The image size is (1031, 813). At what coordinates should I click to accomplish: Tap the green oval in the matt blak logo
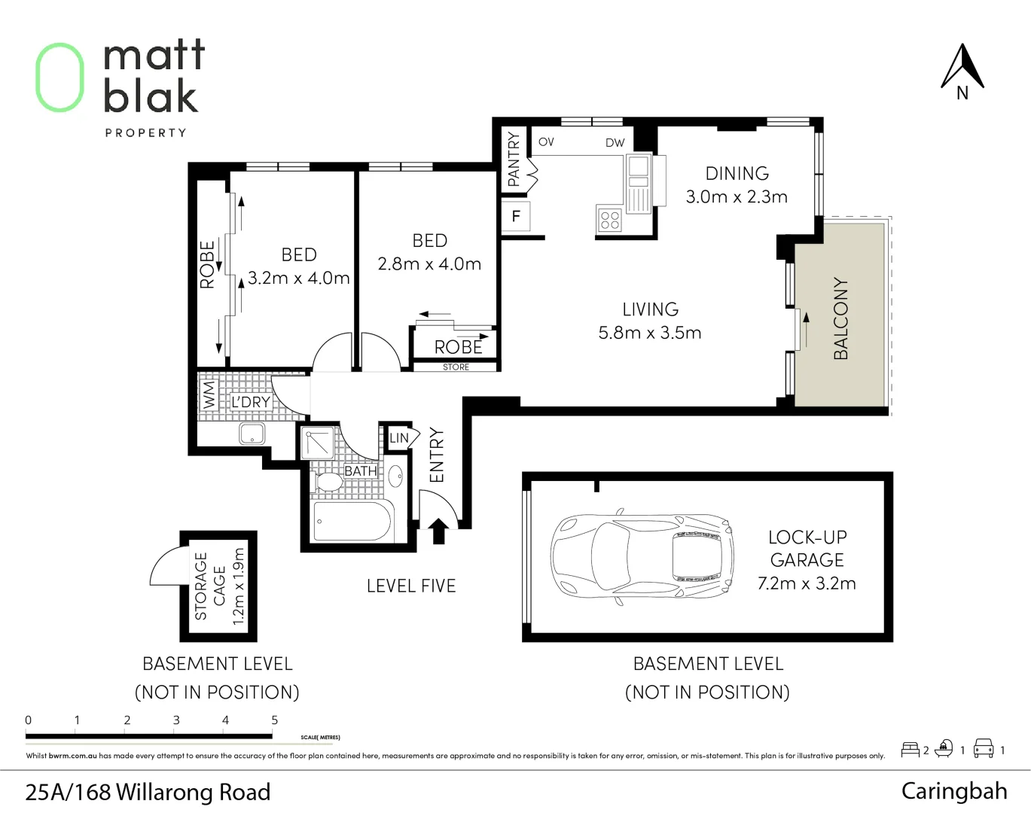(59, 78)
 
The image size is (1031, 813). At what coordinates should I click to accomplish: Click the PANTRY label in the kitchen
(514, 159)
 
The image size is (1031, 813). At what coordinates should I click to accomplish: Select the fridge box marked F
(516, 217)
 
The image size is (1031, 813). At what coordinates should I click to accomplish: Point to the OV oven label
(546, 142)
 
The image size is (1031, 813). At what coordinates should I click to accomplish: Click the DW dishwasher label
(615, 142)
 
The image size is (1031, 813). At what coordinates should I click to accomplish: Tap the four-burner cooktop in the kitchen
(609, 220)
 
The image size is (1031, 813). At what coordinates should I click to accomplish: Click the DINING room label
(737, 174)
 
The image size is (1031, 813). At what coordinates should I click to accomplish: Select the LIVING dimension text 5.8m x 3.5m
(649, 333)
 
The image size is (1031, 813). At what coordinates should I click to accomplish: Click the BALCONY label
(840, 318)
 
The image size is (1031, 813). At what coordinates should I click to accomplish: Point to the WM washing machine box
(209, 394)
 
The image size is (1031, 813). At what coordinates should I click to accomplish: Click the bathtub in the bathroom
(352, 521)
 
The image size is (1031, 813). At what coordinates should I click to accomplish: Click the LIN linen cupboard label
(399, 438)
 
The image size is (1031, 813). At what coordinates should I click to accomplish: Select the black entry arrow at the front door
(438, 530)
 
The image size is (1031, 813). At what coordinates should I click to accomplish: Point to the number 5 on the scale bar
(274, 720)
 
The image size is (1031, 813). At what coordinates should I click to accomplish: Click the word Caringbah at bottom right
(953, 791)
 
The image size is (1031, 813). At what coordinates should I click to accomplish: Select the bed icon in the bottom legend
(910, 750)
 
